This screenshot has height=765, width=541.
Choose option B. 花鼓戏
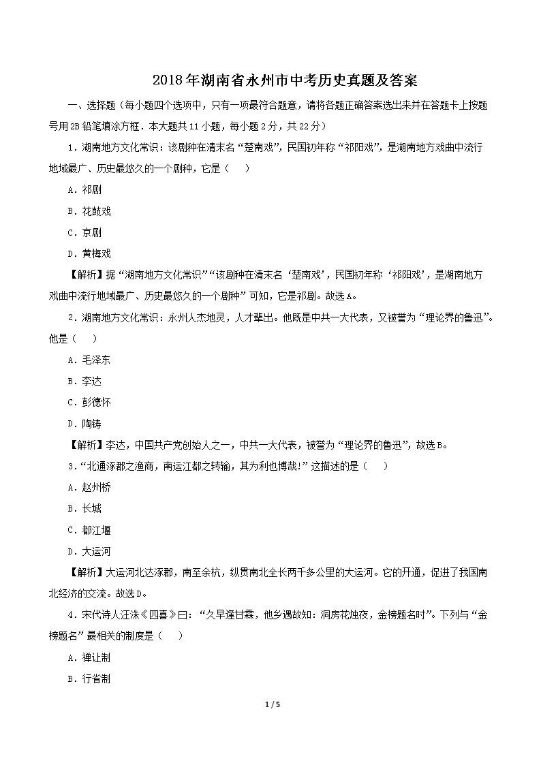89,211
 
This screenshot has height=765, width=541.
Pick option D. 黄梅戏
89,253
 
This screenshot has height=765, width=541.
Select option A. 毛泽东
89,360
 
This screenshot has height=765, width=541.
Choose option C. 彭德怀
89,402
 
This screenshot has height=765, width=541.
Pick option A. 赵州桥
89,487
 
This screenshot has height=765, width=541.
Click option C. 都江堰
89,530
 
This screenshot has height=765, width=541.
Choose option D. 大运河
89,551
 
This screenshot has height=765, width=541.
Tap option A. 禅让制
89,657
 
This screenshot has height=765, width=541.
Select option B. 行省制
89,679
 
